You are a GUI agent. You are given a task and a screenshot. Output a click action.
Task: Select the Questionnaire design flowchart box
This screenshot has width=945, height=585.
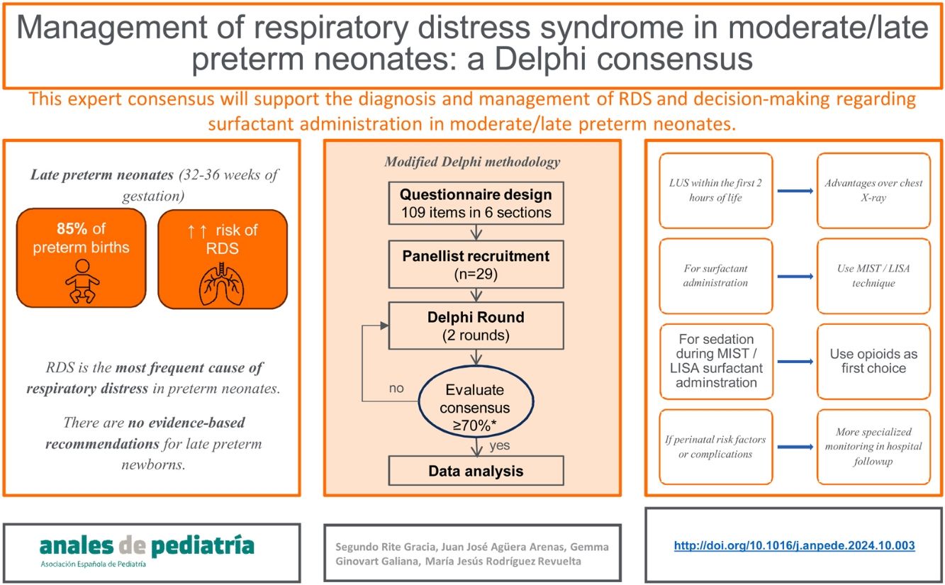(475, 204)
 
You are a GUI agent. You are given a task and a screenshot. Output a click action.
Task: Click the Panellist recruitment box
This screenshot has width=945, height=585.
(475, 263)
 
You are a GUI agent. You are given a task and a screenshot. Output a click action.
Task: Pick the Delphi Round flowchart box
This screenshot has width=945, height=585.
(475, 325)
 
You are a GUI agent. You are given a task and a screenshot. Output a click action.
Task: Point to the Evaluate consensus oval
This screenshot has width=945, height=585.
(474, 400)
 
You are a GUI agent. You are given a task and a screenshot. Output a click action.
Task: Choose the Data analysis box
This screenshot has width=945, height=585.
(475, 470)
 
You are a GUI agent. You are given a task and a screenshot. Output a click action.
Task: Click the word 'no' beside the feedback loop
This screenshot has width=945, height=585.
(397, 389)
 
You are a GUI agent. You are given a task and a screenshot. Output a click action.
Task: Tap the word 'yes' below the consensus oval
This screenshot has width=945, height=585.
(499, 446)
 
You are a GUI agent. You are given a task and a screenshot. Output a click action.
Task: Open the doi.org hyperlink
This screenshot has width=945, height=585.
(794, 545)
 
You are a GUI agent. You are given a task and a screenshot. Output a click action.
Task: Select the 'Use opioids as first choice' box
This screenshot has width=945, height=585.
(873, 362)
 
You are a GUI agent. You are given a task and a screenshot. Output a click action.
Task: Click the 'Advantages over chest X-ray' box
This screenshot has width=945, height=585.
(873, 190)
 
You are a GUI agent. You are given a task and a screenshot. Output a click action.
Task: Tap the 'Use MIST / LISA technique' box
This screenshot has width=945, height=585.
(873, 276)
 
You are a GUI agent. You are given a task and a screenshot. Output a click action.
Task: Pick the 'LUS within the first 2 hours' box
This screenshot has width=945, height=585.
(715, 190)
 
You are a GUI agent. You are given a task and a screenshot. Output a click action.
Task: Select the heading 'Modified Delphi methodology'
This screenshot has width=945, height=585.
(471, 162)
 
